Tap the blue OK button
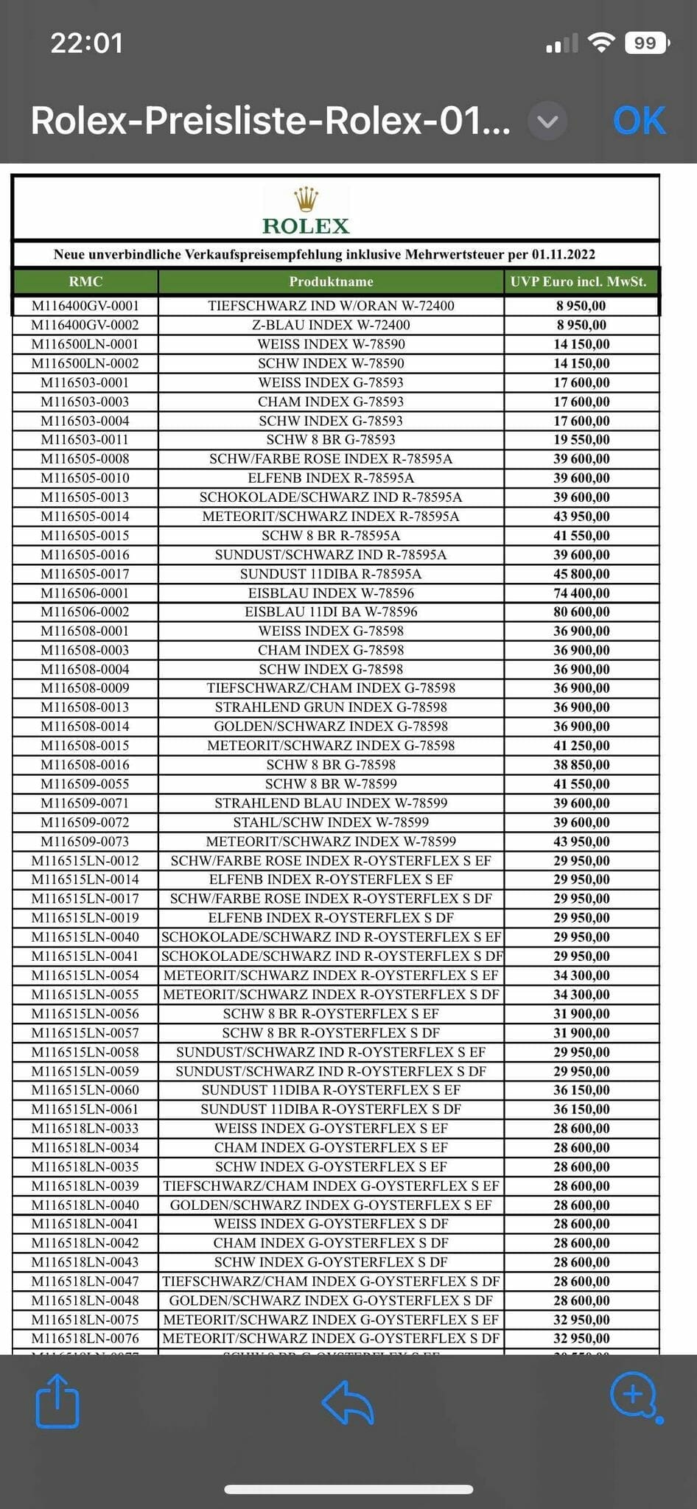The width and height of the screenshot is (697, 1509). click(639, 121)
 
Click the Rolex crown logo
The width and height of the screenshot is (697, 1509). click(306, 200)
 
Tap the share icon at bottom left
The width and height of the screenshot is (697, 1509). click(57, 1402)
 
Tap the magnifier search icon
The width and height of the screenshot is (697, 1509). click(634, 1395)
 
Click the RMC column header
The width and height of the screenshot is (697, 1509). click(85, 281)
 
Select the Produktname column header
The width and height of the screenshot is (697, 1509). click(331, 281)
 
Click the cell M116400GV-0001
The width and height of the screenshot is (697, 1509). click(85, 306)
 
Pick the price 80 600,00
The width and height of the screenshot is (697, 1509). click(581, 612)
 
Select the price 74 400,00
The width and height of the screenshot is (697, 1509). click(581, 593)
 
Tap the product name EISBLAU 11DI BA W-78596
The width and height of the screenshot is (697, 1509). click(331, 612)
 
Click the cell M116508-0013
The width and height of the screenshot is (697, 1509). click(85, 707)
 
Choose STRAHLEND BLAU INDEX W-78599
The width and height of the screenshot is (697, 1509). click(331, 803)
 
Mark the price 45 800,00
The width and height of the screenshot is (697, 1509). click(581, 574)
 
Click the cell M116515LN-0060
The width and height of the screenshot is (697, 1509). click(85, 1090)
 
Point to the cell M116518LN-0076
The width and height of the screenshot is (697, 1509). click(85, 1338)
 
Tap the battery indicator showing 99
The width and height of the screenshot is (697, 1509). click(646, 43)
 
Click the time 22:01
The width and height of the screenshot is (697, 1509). click(86, 43)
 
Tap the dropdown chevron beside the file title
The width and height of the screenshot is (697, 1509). click(547, 121)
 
